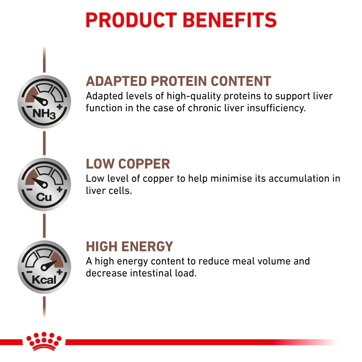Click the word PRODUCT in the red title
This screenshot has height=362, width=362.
pyautogui.click(x=131, y=20)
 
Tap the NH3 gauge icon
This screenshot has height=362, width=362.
pyautogui.click(x=44, y=102)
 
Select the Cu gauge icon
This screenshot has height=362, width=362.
pyautogui.click(x=44, y=185)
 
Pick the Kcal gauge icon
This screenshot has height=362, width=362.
pyautogui.click(x=44, y=267)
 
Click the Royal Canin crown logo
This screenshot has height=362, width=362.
pyautogui.click(x=44, y=341)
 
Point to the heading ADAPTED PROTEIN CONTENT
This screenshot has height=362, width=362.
pyautogui.click(x=178, y=81)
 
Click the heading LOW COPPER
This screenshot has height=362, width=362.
pyautogui.click(x=128, y=164)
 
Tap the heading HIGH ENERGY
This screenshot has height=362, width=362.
pyautogui.click(x=129, y=247)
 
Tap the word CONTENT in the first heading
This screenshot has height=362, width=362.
pyautogui.click(x=241, y=81)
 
